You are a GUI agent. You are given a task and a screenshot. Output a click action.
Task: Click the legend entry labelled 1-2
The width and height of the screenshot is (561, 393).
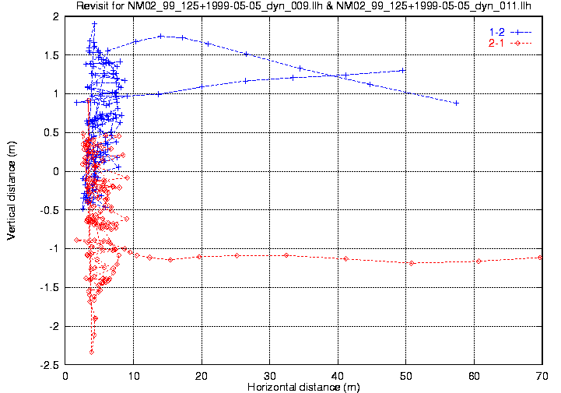495,31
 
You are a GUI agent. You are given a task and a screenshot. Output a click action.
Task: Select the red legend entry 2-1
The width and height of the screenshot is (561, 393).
495,42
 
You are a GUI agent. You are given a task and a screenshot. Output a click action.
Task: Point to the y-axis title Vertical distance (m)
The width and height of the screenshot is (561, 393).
12,190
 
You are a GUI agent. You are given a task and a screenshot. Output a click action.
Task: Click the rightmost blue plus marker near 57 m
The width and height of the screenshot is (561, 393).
456,103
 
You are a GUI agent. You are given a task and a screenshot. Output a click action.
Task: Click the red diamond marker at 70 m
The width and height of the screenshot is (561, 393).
541,258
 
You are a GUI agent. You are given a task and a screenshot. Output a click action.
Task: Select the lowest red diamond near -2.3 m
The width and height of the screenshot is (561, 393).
92,352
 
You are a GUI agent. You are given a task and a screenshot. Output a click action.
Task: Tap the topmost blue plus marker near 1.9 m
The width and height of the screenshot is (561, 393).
94,24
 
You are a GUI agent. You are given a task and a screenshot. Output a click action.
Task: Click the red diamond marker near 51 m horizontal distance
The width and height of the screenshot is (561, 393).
412,263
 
